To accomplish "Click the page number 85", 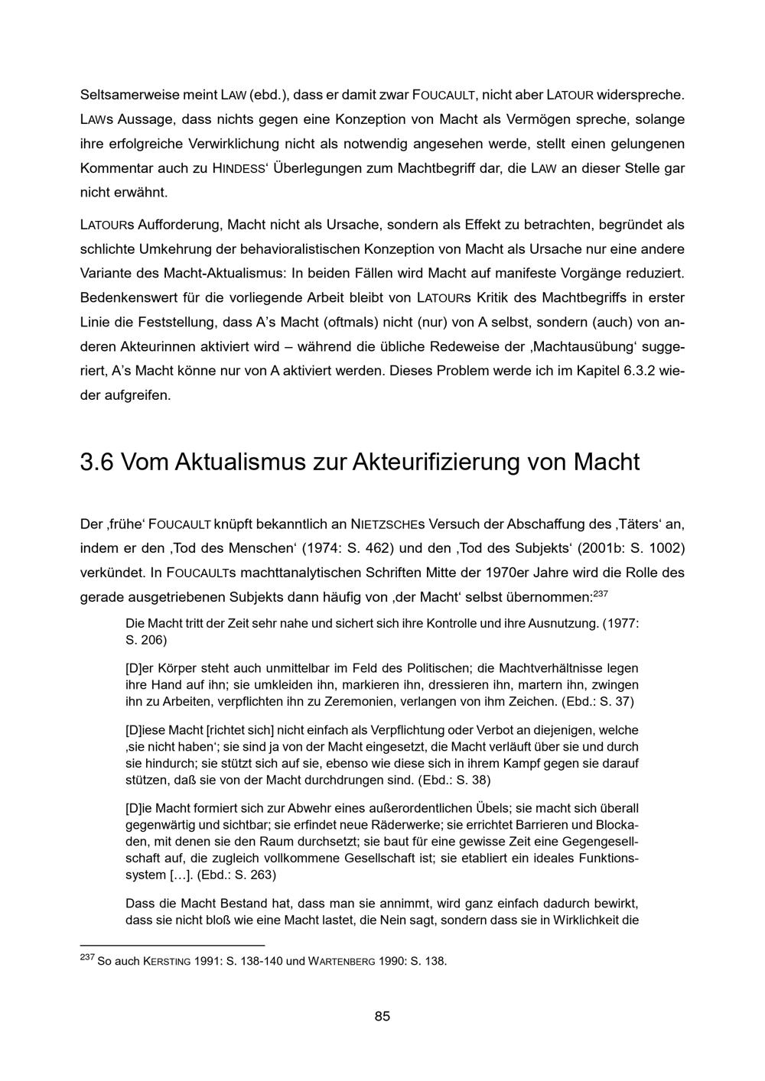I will [x=382, y=1016].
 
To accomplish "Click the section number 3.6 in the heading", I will [x=96, y=463].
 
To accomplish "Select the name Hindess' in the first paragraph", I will [x=239, y=167].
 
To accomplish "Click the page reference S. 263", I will [x=251, y=875].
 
